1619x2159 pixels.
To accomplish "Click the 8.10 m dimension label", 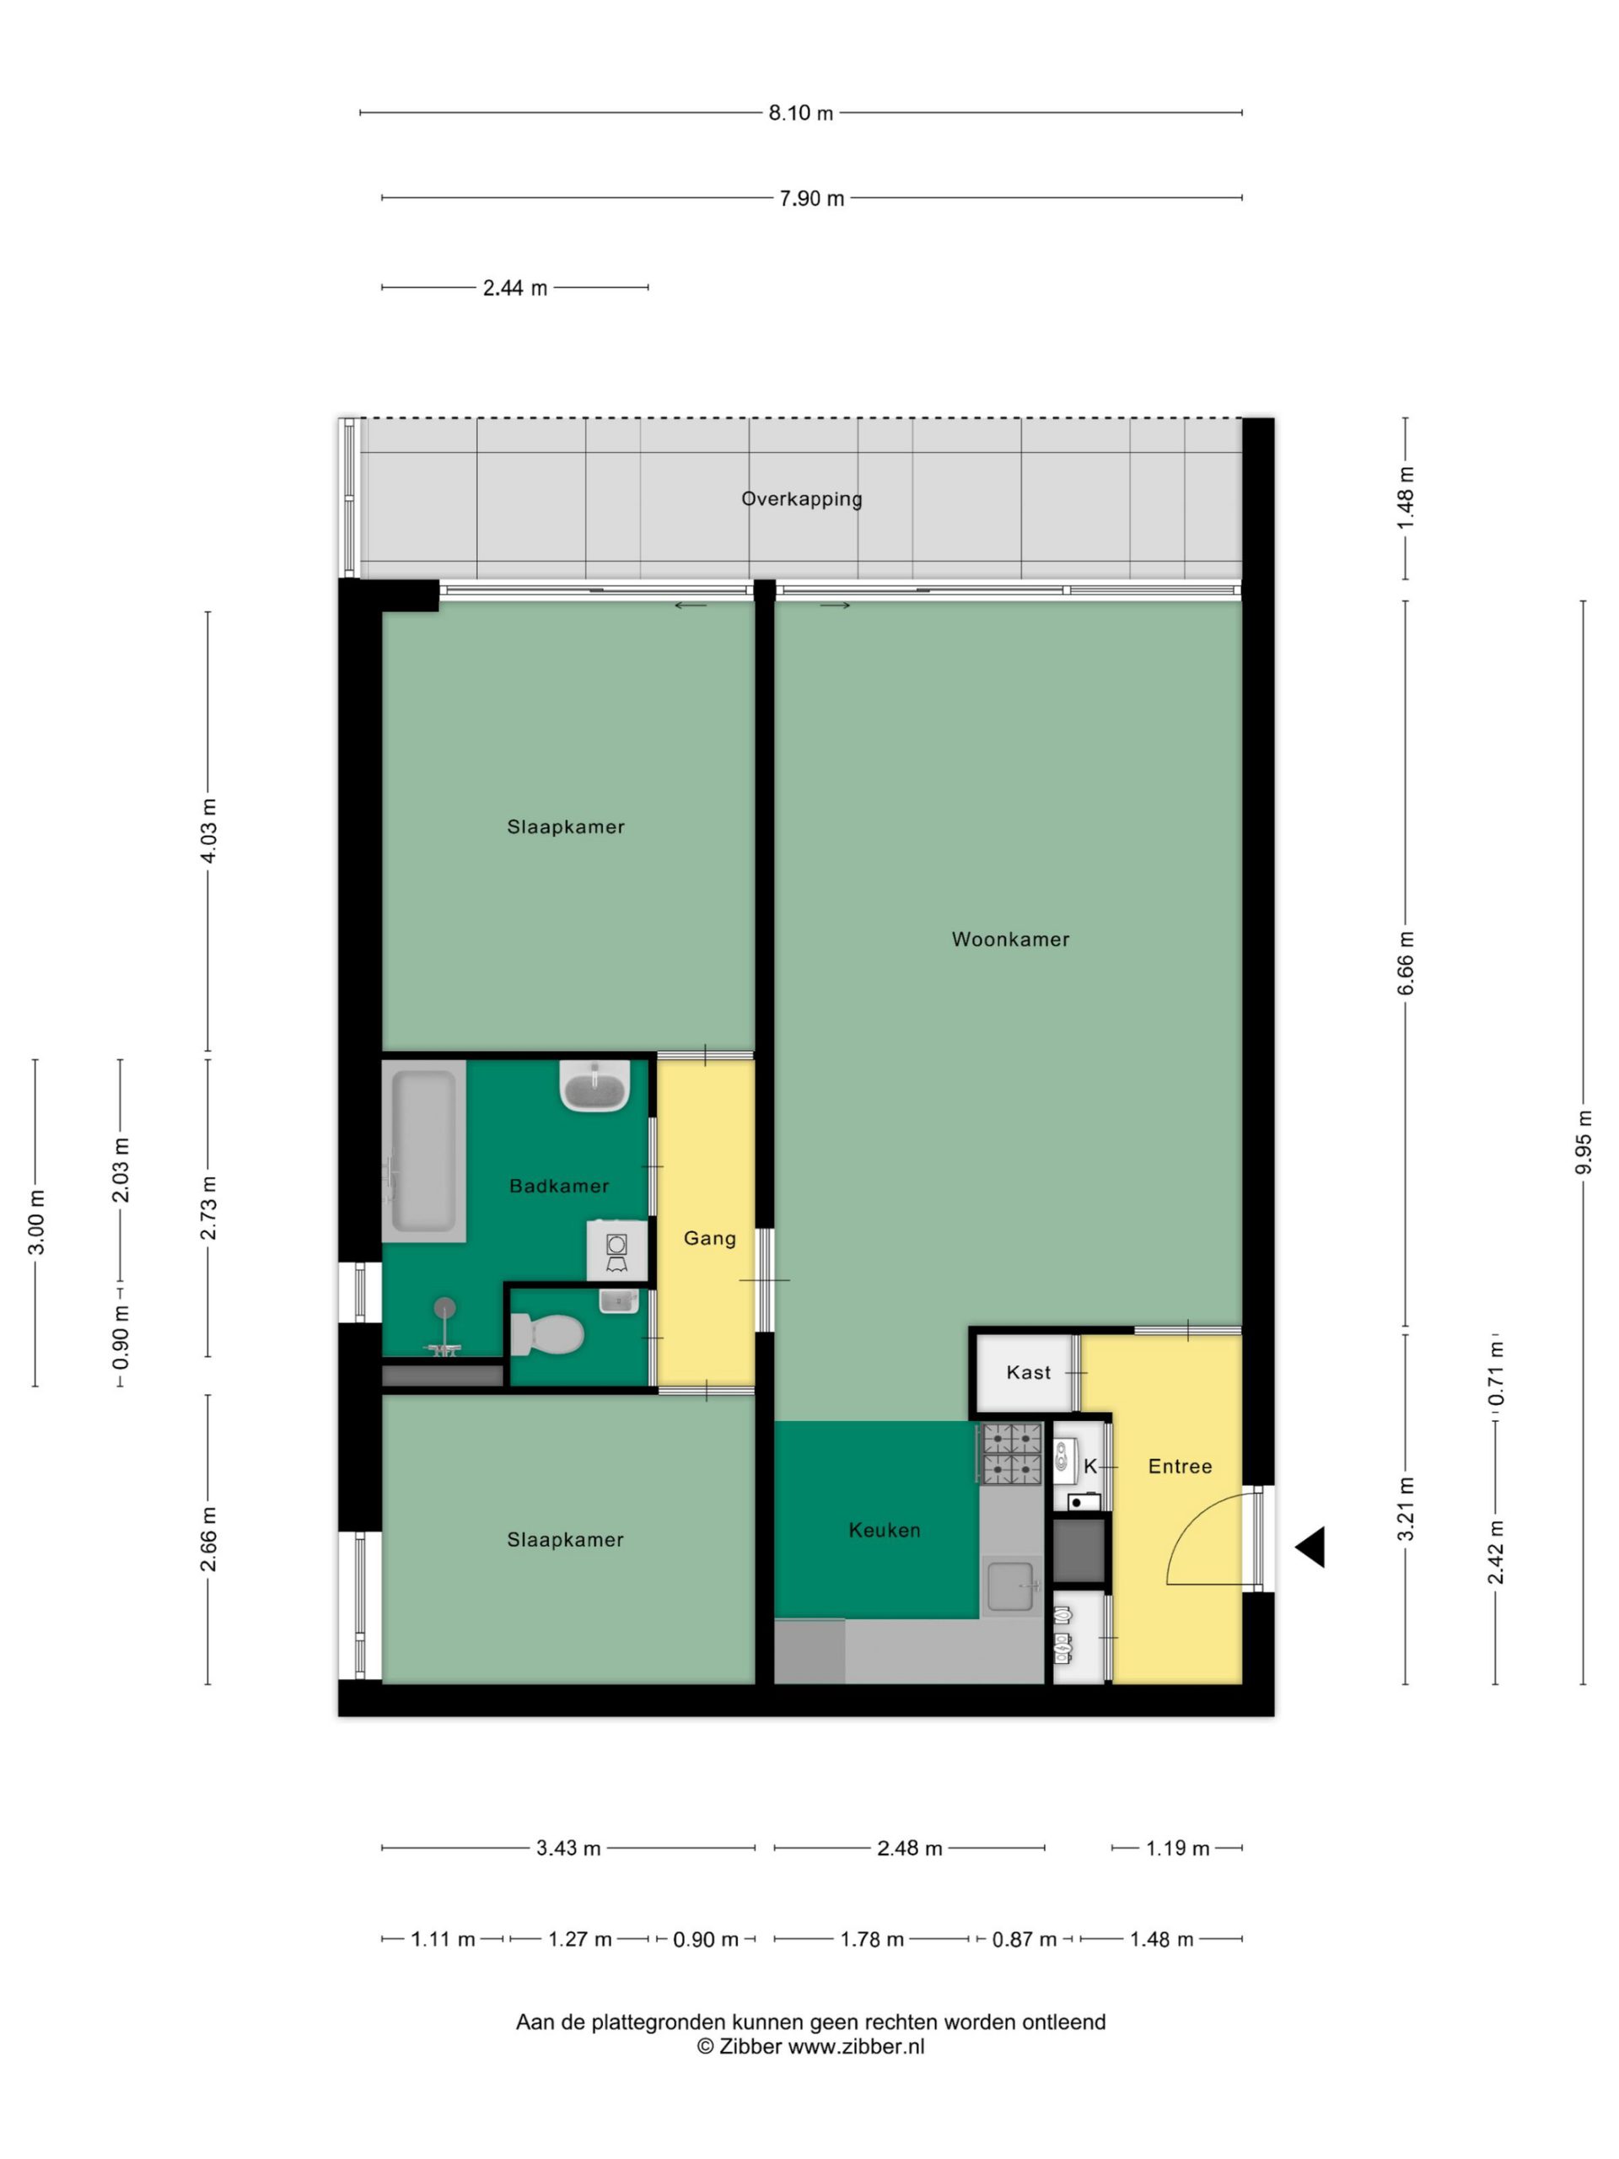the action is coord(800,113).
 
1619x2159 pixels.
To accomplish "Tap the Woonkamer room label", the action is coord(1010,939).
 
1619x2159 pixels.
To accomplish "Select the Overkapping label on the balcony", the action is coord(801,498).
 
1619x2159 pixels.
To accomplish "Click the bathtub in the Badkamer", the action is coord(422,1150).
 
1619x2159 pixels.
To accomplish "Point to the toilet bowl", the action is coord(547,1333).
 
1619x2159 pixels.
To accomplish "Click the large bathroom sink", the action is coord(594,1085).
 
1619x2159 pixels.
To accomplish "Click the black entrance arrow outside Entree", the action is coord(1310,1547).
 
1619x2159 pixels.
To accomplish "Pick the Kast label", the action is coord(1029,1372).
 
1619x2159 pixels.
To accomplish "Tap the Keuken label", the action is coord(885,1531).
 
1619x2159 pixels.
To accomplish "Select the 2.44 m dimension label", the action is coord(515,288).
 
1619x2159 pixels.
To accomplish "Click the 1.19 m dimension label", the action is coord(1177,1849).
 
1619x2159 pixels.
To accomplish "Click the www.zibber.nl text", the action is coord(856,2047).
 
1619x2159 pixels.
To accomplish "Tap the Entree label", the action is coord(1180,1466).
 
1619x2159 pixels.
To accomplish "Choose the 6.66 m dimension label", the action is coord(1406,963).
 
